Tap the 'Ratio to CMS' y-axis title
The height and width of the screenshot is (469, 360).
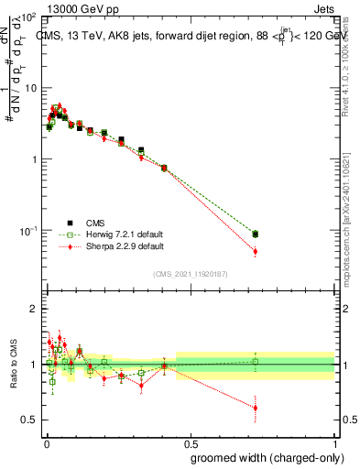coord(13,365)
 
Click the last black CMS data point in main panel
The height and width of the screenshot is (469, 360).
coord(256,234)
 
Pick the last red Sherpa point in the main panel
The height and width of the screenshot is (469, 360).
coord(256,251)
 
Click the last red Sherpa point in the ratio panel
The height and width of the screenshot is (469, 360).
coord(256,408)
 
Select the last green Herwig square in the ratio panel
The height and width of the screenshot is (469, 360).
coord(256,362)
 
